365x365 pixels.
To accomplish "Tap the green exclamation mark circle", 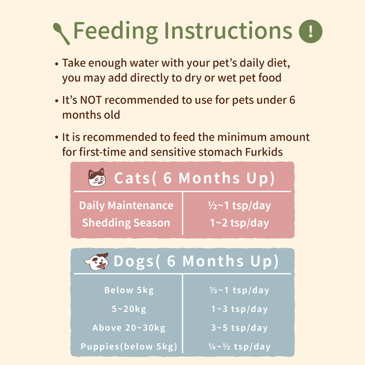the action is pos(311,31).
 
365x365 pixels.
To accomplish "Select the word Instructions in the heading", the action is pos(228,30).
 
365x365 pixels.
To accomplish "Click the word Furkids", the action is pos(264,152).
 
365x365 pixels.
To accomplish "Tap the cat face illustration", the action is pos(97,177).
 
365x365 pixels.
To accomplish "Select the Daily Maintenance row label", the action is pos(126,206).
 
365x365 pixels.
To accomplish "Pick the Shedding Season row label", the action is pos(126,223).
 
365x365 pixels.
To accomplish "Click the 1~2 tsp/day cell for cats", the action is pos(239,223).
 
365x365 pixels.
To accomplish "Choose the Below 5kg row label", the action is pos(129,290).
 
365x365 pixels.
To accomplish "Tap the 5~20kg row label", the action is pos(129,309).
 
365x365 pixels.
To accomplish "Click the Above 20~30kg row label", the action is pos(129,328).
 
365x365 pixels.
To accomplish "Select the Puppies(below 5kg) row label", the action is pos(129,347).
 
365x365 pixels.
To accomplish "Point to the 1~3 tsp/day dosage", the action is pos(239,309).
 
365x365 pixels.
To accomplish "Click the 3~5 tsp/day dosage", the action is pos(239,328).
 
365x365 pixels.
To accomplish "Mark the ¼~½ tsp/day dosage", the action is pos(239,347).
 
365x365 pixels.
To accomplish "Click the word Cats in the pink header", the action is pos(132,178).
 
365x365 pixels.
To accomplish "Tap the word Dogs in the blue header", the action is pos(133,261).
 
